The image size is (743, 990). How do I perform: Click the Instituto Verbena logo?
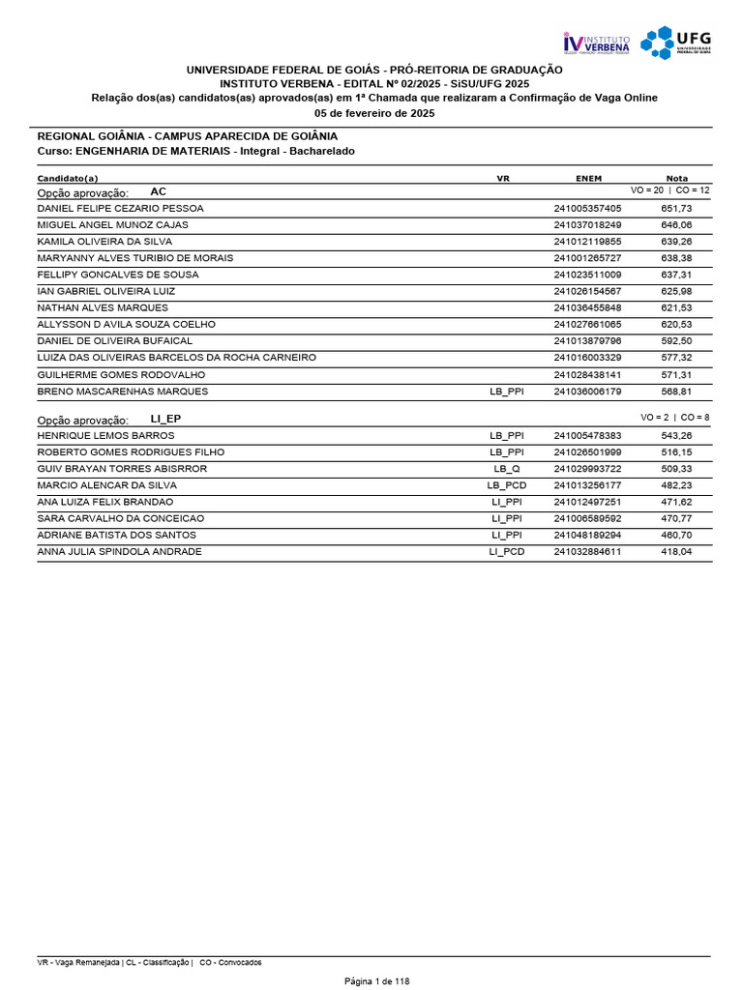point(596,43)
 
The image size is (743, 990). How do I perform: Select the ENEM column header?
point(588,178)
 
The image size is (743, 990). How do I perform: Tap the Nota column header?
point(677,178)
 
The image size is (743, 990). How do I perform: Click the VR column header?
point(503,178)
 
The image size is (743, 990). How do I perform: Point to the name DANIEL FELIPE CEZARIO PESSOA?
point(120,208)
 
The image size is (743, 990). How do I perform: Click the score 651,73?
point(676,208)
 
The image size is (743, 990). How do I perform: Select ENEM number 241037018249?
point(587,224)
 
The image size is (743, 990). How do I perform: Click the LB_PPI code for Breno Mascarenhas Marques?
point(507,392)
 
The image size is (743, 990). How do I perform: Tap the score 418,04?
point(676,551)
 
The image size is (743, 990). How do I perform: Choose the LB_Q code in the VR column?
point(507,469)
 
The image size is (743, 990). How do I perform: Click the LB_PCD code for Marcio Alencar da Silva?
point(507,485)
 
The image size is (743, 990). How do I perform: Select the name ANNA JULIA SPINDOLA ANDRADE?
point(119,551)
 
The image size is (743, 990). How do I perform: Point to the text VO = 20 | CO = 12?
point(669,191)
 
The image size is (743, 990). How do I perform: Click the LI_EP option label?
point(165,418)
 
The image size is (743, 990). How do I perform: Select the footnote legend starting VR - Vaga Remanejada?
point(149,962)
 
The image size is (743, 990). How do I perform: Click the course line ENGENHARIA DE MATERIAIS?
point(195,152)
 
